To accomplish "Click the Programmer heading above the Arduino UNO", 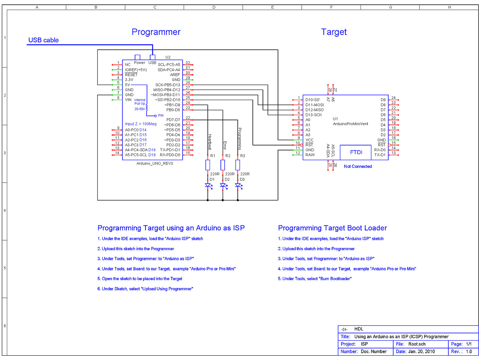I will coord(156,32).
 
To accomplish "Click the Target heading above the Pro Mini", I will coord(334,32).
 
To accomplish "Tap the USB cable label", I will coord(43,40).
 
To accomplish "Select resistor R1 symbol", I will coord(208,165).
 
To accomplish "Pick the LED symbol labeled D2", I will coord(223,185).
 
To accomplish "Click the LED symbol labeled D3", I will coord(238,185).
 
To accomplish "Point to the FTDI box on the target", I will coord(356,152).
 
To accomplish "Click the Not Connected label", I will coord(358,166).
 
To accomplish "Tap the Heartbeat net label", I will coord(210,142).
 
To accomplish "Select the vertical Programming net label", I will coord(240,139).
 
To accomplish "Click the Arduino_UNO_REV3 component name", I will coord(155,163).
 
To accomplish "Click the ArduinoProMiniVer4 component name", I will coord(350,124).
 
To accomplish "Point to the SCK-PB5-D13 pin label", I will coord(167,85).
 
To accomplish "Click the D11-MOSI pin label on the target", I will coord(314,105).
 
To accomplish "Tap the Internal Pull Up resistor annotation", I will coord(140,102).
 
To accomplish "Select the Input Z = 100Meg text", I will coord(141,124).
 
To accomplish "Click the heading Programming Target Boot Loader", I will coord(332,228).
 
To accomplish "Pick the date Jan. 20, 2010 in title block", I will coord(421,351).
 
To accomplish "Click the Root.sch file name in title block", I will coord(417,344).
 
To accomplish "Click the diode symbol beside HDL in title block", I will coord(345,329).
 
